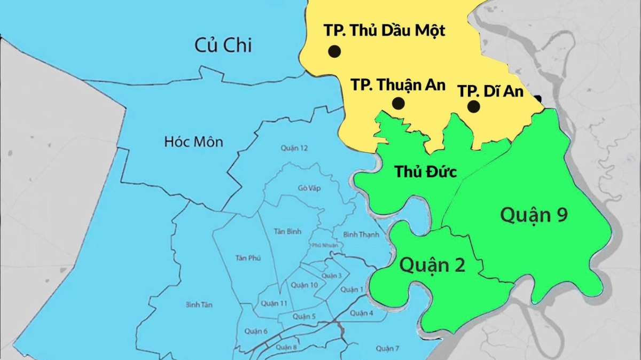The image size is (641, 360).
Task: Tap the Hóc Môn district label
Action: pyautogui.click(x=193, y=142)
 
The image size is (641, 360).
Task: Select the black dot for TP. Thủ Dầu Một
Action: pyautogui.click(x=334, y=51)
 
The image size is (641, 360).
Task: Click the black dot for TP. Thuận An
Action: pyautogui.click(x=398, y=103)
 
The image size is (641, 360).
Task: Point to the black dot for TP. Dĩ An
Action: pyautogui.click(x=473, y=106)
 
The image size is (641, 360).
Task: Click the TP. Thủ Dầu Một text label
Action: pyautogui.click(x=384, y=30)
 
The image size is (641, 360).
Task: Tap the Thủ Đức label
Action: pyautogui.click(x=421, y=171)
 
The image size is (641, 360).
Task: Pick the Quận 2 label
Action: pyautogui.click(x=432, y=264)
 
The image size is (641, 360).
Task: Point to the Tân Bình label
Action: pyautogui.click(x=287, y=231)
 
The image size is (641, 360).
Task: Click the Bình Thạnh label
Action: pyautogui.click(x=361, y=234)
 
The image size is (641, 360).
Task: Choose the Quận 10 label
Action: pyautogui.click(x=304, y=285)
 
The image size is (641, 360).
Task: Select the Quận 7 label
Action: pyautogui.click(x=387, y=348)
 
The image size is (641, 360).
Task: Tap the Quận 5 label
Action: pyautogui.click(x=304, y=317)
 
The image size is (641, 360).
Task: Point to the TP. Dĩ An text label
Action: pyautogui.click(x=490, y=91)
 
